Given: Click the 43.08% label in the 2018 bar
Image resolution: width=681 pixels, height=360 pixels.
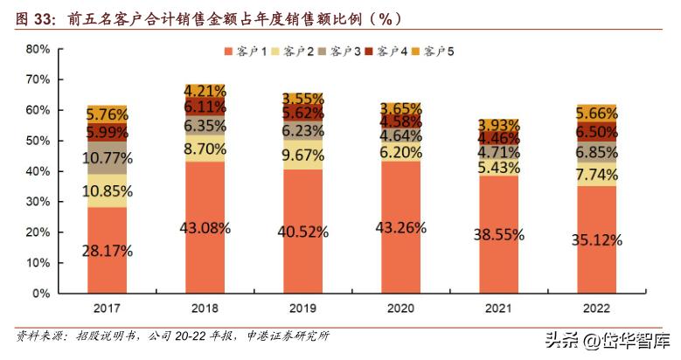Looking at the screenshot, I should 205,228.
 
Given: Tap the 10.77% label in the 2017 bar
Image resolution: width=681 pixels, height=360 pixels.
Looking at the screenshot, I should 108,158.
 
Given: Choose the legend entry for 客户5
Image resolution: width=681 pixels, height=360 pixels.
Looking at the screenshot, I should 437,52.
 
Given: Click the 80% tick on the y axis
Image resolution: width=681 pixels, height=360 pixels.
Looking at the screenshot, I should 38,49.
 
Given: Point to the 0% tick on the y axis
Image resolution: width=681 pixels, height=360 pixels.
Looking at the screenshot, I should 41,294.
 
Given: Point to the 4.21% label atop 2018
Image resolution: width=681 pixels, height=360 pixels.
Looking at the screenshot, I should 205,90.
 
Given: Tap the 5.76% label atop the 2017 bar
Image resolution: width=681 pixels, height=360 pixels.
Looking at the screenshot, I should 108,114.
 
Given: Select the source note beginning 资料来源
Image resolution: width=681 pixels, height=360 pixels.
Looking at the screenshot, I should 175,336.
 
